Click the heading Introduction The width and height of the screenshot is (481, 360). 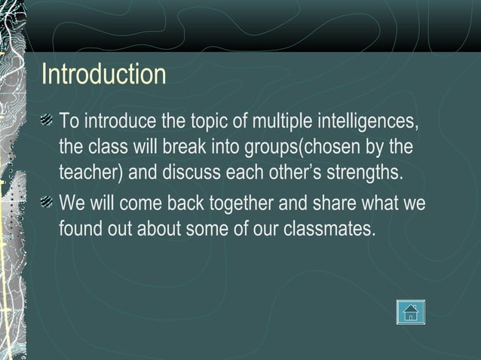pyautogui.click(x=103, y=75)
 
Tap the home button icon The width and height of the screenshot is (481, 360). pyautogui.click(x=411, y=312)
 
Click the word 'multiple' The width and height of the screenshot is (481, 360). pyautogui.click(x=280, y=121)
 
